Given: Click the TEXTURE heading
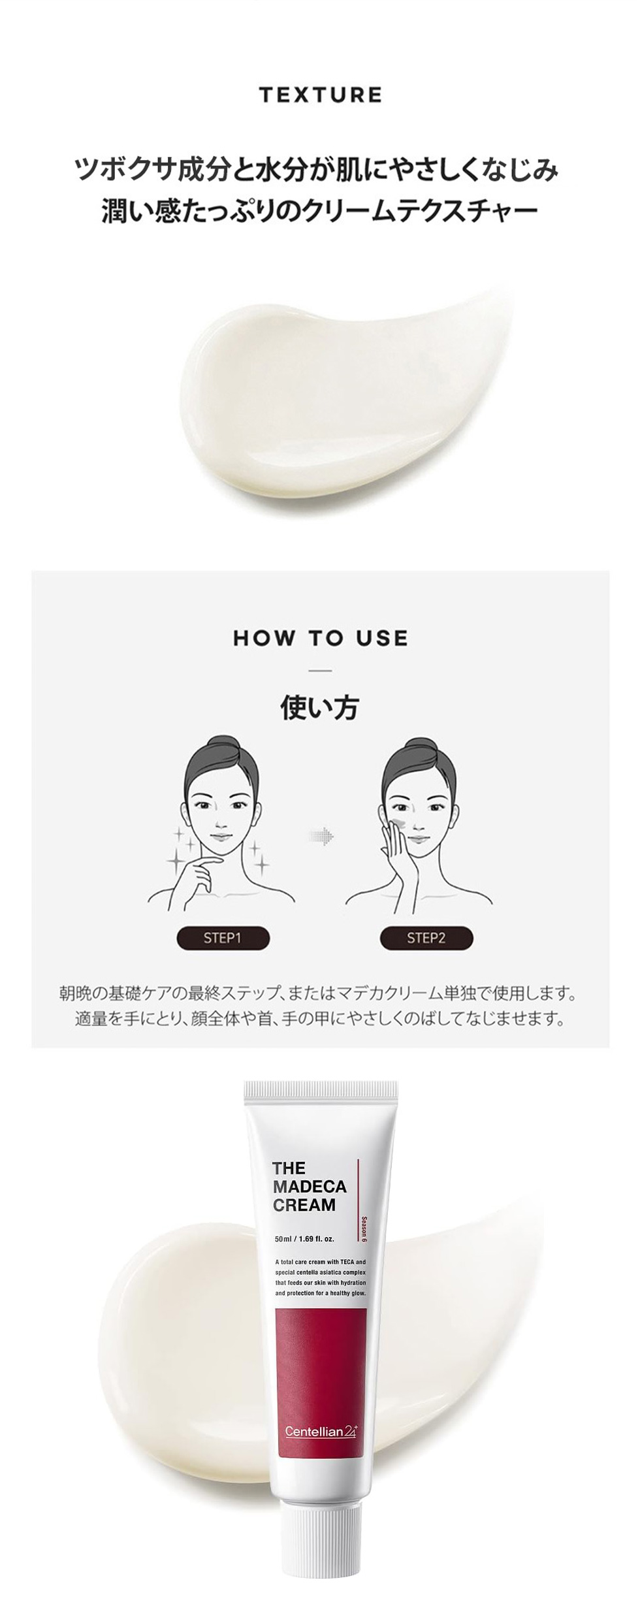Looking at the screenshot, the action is (320, 95).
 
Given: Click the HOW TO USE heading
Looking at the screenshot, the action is (320, 638).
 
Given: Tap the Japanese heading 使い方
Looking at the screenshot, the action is (320, 707).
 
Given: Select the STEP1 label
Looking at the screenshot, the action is (223, 938).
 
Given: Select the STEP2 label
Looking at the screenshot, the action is (426, 938).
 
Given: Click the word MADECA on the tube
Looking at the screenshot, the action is (310, 1186).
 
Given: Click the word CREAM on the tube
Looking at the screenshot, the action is (304, 1205).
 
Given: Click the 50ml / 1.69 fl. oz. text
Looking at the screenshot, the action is (304, 1238).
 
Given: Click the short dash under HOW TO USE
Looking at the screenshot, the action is (320, 671).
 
